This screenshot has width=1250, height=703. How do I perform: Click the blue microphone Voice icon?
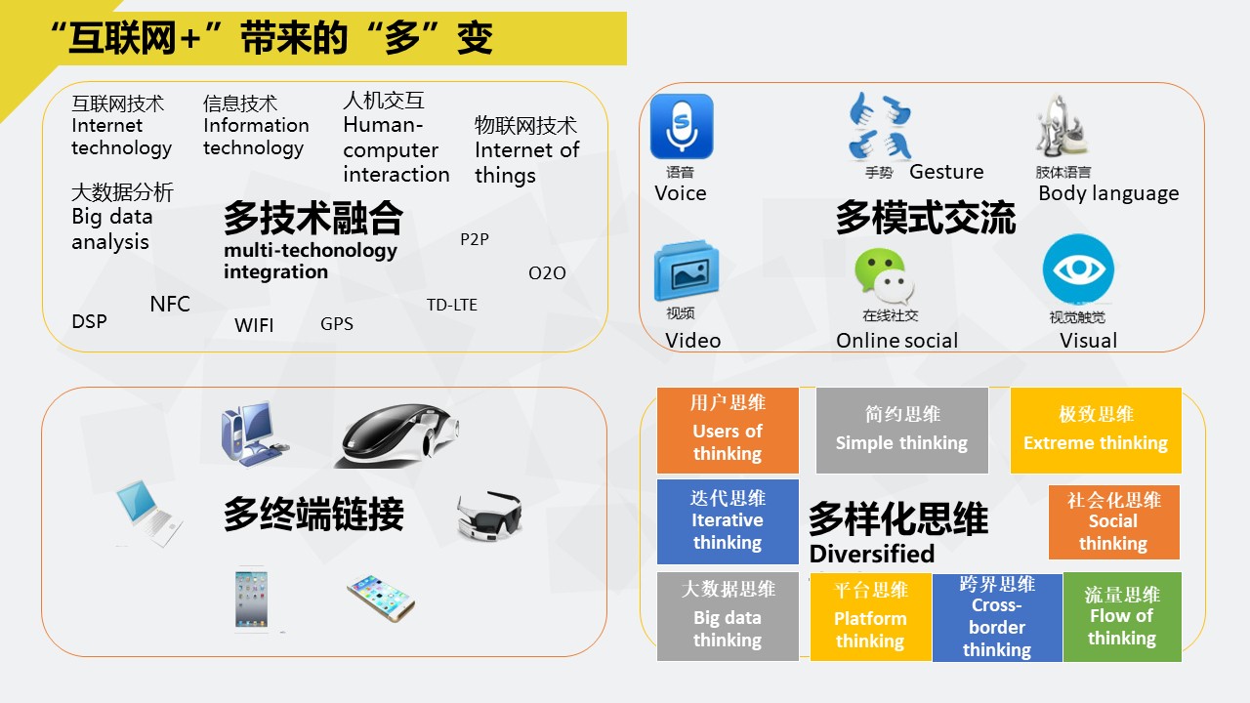(x=682, y=126)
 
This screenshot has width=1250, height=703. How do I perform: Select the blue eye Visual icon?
(x=1078, y=269)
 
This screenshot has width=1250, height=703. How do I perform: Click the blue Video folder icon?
(x=687, y=271)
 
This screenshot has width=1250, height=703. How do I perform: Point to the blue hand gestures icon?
(x=880, y=126)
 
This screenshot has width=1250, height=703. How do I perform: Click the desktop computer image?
(x=254, y=433)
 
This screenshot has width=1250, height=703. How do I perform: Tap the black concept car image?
(x=396, y=436)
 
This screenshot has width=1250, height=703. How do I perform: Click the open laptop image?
(x=148, y=514)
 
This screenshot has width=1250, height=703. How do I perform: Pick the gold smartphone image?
(x=381, y=598)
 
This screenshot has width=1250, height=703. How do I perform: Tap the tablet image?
(x=251, y=600)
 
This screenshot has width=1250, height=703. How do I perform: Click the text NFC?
(x=170, y=304)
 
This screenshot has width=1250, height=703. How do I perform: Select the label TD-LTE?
(x=452, y=305)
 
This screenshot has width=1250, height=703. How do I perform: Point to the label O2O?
(x=547, y=272)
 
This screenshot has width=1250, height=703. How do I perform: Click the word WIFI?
(x=254, y=325)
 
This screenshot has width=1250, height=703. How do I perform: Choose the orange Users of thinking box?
(x=728, y=431)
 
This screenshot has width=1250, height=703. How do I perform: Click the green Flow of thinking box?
(x=1122, y=616)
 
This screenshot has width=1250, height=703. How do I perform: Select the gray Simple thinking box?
(x=901, y=431)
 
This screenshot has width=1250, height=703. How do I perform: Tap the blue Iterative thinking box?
(x=728, y=521)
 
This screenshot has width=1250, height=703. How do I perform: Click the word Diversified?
(x=872, y=554)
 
